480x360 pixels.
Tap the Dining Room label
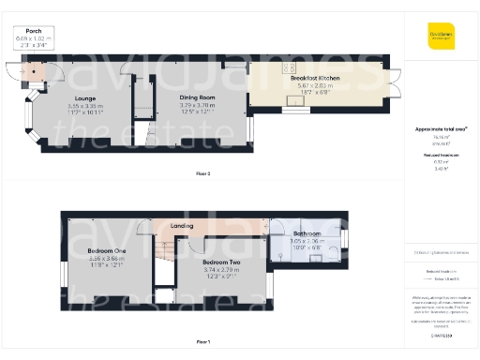(198, 97)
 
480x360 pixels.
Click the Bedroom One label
(106, 251)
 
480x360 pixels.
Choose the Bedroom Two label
(222, 260)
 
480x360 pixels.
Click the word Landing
(182, 226)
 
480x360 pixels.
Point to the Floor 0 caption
(202, 173)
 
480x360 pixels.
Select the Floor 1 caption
(202, 341)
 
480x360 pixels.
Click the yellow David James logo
(441, 38)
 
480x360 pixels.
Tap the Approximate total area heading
(441, 128)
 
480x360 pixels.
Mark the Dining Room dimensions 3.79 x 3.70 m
(198, 105)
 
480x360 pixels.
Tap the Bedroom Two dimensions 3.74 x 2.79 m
(222, 268)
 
